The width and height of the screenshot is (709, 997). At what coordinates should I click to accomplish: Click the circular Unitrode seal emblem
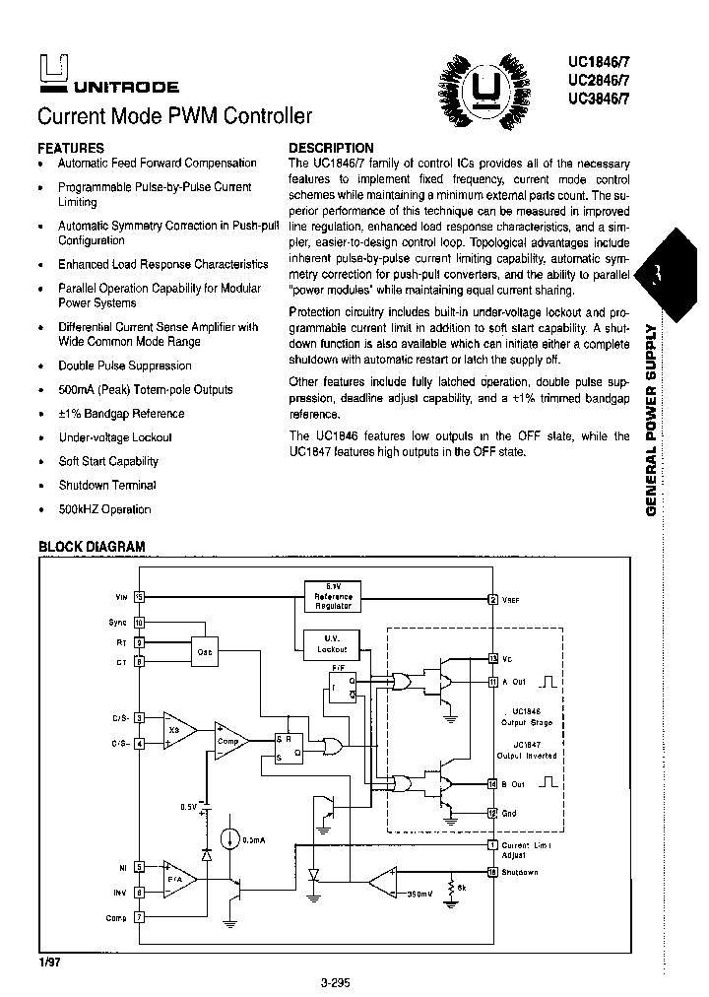point(483,92)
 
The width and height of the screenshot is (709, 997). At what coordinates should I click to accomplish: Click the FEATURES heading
point(70,147)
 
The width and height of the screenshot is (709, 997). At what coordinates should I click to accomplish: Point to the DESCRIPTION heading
point(331,148)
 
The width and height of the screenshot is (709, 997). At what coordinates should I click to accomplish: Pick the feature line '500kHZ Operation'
point(104,509)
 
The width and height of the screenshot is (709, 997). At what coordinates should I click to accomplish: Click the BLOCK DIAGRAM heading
point(92,546)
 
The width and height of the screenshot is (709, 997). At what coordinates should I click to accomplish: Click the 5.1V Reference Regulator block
point(333,596)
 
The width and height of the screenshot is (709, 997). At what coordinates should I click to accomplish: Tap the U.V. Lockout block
point(332,645)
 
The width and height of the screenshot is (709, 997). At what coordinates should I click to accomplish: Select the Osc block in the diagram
point(205,652)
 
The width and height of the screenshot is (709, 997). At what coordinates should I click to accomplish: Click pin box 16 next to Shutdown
point(492,873)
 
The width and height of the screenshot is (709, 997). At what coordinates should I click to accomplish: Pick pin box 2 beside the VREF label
point(492,599)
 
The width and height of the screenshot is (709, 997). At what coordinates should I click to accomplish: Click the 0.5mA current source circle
point(229,838)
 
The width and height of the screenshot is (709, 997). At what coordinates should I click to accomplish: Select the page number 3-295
point(336,981)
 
